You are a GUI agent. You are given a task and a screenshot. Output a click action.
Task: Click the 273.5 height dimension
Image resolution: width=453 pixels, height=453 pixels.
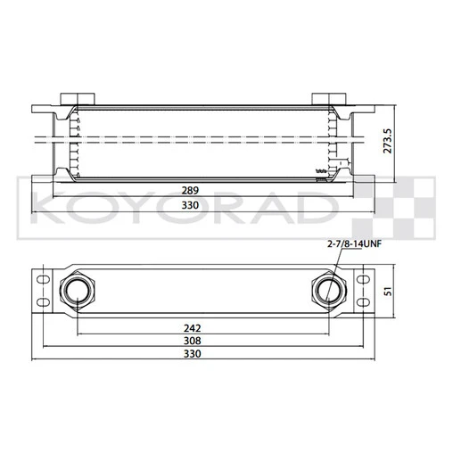tap(387, 141)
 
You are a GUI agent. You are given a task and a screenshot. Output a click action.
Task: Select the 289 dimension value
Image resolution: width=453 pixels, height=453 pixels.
tap(190, 191)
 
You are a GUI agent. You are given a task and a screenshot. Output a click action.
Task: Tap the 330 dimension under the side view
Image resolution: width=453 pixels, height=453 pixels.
tap(190, 205)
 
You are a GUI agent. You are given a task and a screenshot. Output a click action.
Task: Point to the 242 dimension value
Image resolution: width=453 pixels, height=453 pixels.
tap(193, 328)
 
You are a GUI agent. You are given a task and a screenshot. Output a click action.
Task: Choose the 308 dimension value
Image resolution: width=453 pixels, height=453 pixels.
tap(193, 341)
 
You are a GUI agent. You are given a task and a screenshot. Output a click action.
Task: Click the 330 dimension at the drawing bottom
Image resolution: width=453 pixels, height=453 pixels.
tap(193, 354)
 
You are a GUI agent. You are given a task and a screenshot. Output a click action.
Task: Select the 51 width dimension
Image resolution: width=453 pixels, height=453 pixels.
tap(388, 292)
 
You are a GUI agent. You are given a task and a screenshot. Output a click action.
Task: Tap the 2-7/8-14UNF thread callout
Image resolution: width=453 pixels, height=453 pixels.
tap(354, 244)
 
